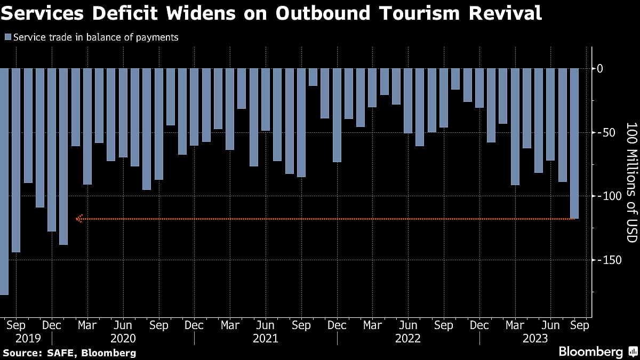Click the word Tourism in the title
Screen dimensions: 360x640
click(414, 13)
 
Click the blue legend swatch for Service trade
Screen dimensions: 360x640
click(8, 37)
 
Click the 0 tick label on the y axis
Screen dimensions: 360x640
click(599, 68)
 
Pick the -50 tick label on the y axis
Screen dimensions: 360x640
click(604, 132)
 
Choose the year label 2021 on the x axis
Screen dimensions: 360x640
click(266, 339)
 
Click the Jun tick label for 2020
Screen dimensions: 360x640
click(123, 325)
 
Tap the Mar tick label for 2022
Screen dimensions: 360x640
click(372, 325)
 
